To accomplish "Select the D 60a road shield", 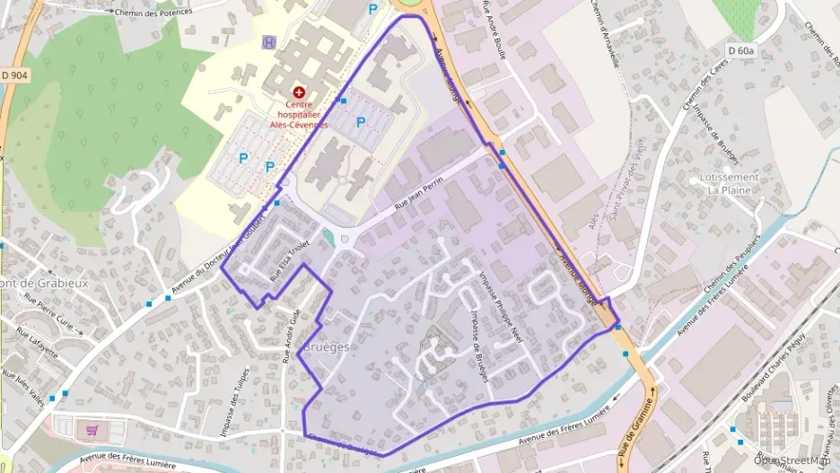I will click(740, 51).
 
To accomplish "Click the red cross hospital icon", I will click(299, 92).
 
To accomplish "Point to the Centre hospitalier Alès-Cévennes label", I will click(301, 114).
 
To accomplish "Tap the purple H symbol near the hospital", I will click(268, 42).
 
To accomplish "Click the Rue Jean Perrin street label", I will click(421, 197).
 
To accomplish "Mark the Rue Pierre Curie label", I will click(46, 310).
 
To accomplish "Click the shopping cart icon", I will click(92, 430).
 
